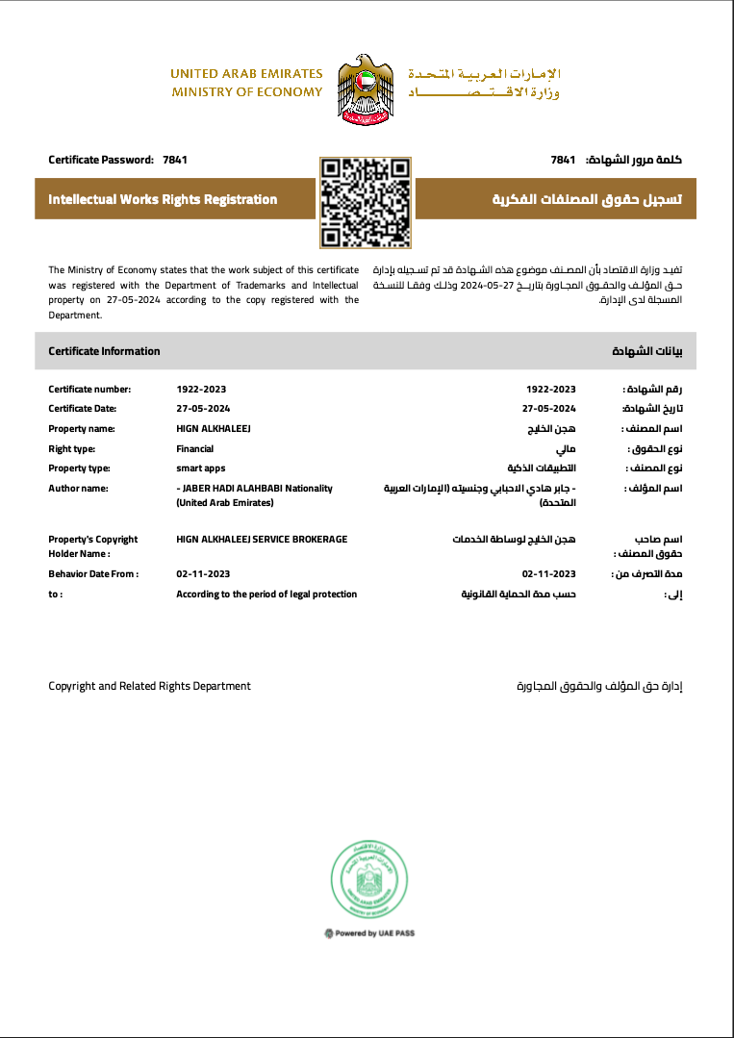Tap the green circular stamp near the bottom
click(x=366, y=879)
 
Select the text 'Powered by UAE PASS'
click(x=370, y=933)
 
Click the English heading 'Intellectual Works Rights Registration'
click(x=163, y=200)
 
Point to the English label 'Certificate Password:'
click(x=101, y=159)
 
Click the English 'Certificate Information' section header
click(x=104, y=351)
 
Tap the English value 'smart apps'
click(x=200, y=468)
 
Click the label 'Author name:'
click(x=79, y=489)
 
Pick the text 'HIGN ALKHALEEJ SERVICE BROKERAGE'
click(x=262, y=540)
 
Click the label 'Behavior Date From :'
click(x=93, y=574)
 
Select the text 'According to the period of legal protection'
click(x=266, y=595)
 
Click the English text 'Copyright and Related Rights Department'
click(x=149, y=686)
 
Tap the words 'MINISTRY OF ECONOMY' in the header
click(x=247, y=92)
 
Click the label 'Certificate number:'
click(x=89, y=390)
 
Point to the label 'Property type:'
click(x=80, y=468)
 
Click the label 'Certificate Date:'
click(x=83, y=408)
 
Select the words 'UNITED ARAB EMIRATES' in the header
click(x=246, y=74)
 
